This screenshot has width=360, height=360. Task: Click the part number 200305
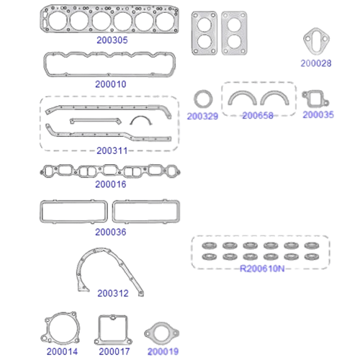point(112,40)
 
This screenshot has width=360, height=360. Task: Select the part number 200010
point(111,84)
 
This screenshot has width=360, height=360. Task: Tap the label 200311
point(112,150)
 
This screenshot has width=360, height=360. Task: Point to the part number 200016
point(111,184)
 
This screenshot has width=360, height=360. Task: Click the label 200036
point(111,232)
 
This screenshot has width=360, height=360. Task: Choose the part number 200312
point(113,293)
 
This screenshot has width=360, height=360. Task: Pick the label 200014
point(62,351)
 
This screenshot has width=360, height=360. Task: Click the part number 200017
point(114,351)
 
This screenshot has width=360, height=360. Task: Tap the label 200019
point(163,351)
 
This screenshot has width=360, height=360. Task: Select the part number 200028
point(316,63)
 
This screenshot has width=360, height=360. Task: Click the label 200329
point(202,117)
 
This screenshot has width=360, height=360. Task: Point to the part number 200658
point(258,116)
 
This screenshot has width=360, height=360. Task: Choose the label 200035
point(318,114)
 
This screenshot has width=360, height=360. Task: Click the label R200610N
point(262,269)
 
